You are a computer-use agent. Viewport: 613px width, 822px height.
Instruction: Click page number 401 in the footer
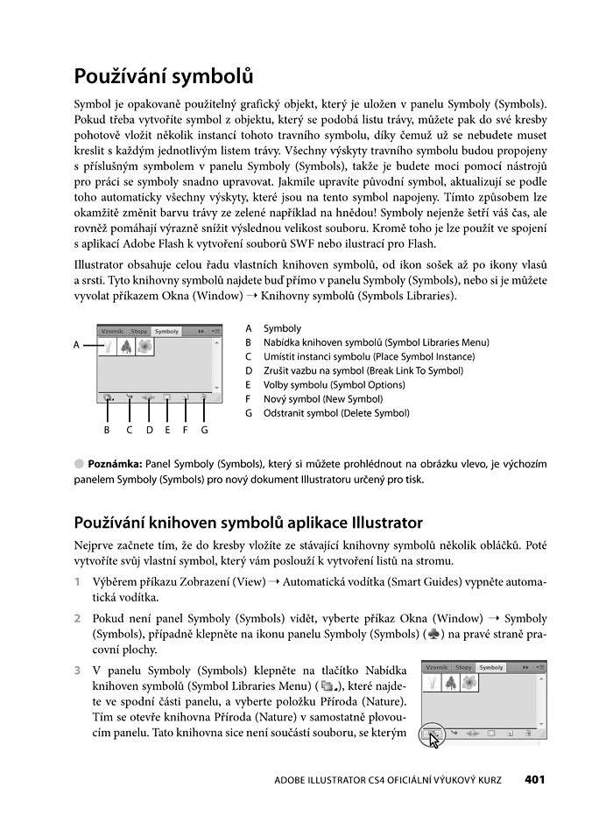click(535, 779)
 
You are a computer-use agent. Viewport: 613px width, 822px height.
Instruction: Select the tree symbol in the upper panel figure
click(126, 348)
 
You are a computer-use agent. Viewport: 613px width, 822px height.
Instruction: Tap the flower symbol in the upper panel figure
click(144, 348)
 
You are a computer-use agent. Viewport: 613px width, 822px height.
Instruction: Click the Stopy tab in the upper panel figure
click(139, 332)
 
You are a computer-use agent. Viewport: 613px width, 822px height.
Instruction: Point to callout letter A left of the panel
click(77, 345)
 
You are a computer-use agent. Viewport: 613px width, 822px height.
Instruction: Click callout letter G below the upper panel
click(204, 430)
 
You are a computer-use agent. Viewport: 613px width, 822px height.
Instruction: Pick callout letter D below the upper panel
click(150, 430)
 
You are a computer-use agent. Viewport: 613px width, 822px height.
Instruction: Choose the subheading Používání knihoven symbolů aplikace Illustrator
click(248, 523)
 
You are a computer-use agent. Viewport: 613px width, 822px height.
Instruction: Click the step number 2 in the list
click(79, 618)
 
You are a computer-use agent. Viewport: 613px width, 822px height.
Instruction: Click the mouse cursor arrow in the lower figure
click(434, 738)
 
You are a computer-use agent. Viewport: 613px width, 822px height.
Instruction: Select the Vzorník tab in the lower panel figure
click(437, 667)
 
